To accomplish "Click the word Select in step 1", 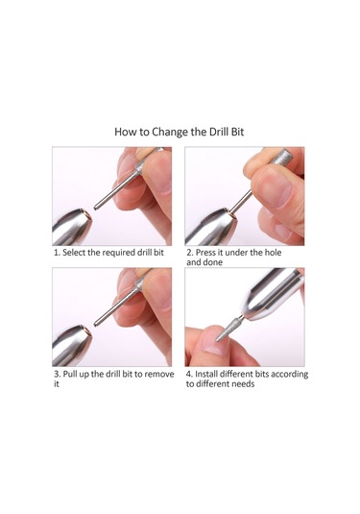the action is (74, 253).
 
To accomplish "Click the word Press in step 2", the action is (205, 253).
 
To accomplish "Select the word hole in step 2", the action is (273, 253).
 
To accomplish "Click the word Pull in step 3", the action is (69, 374).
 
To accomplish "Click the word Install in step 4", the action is (206, 374).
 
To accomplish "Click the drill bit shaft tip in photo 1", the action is (96, 208).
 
